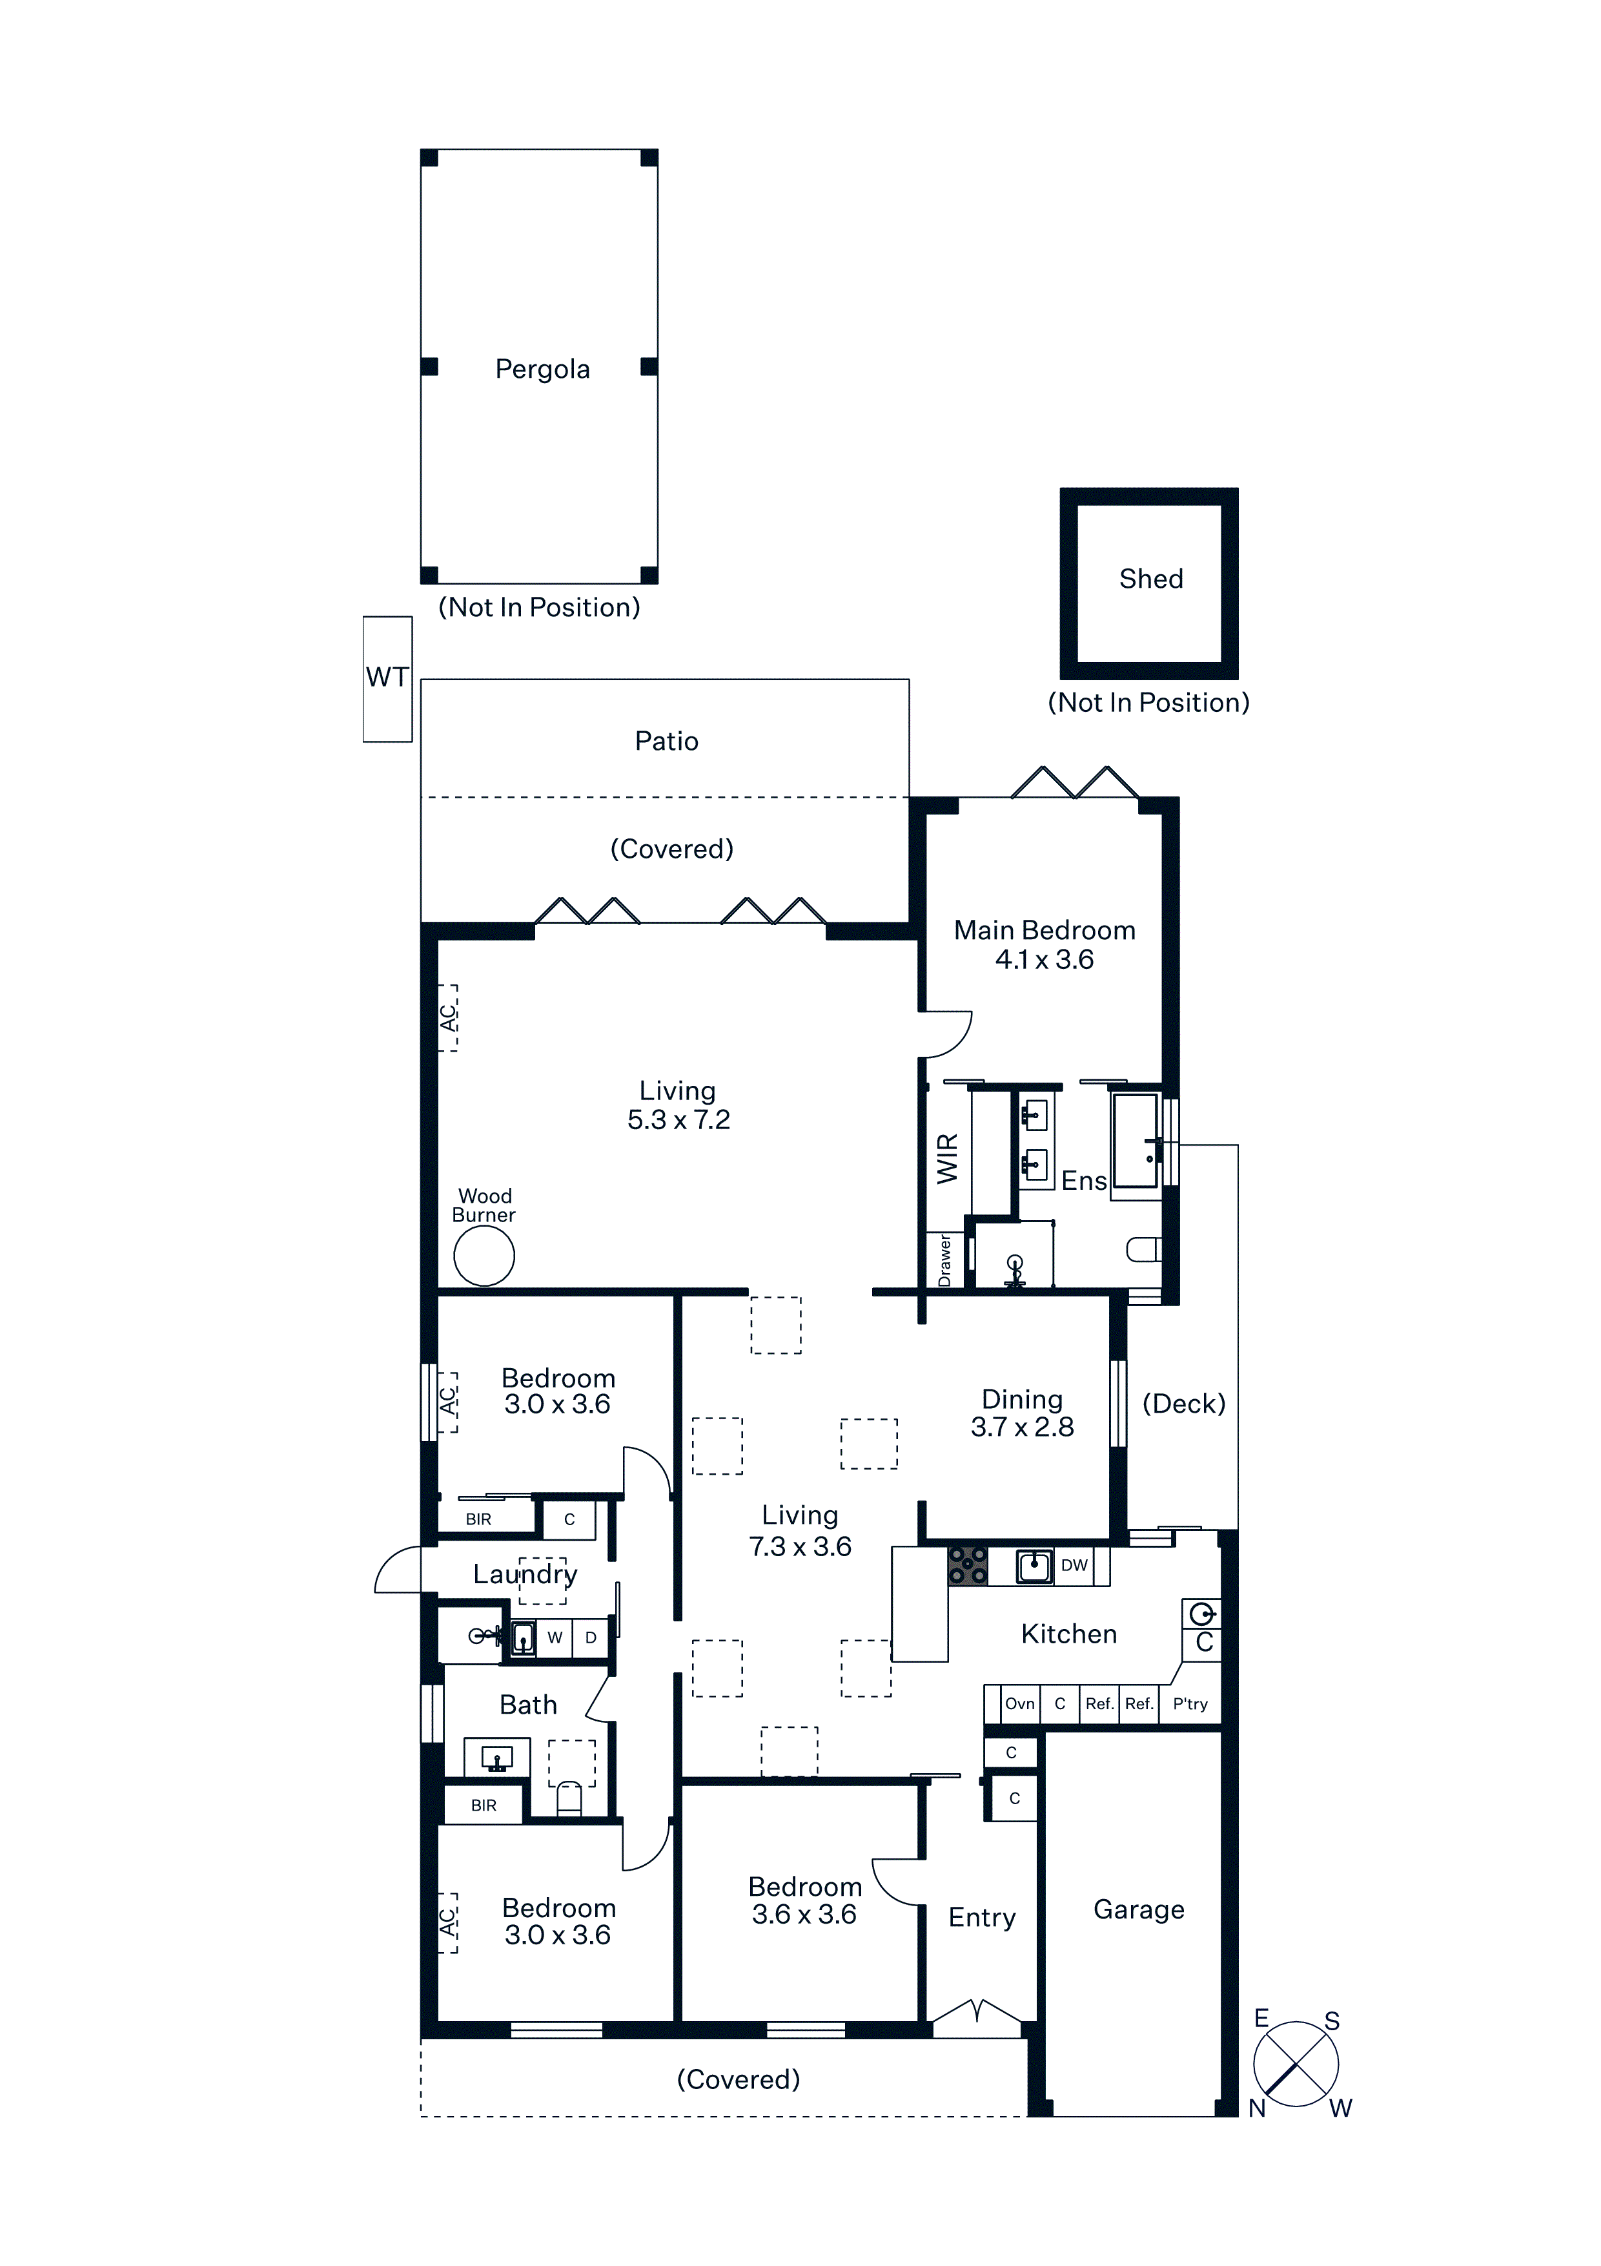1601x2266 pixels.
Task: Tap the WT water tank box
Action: click(388, 679)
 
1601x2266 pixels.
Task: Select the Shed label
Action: click(1151, 579)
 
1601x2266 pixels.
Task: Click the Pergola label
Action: click(542, 369)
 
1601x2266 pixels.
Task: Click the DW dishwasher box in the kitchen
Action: click(1074, 1565)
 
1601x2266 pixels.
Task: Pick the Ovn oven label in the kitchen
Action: click(1020, 1703)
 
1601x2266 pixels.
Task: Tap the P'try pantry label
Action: click(1190, 1703)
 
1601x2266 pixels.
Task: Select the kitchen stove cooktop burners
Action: click(968, 1566)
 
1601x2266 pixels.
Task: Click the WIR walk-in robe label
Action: click(947, 1159)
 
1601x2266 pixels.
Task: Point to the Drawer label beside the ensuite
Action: click(944, 1260)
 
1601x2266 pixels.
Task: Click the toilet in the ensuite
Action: click(1143, 1249)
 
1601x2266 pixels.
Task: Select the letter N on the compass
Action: click(1257, 2108)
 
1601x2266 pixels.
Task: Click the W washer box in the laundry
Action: click(555, 1637)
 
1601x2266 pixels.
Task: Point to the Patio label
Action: click(667, 741)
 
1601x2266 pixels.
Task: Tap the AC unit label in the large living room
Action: click(448, 1017)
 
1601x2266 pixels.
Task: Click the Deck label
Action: click(1184, 1404)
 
